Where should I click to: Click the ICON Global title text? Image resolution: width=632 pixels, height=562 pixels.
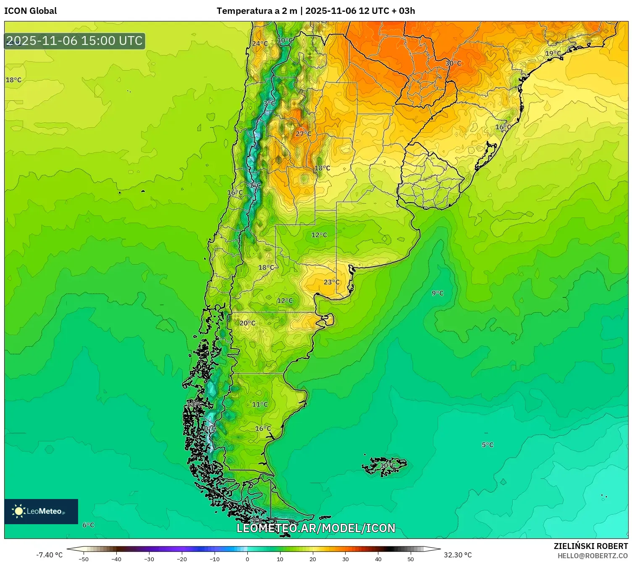coord(30,11)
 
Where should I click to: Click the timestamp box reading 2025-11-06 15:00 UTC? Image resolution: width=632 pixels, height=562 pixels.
coord(75,41)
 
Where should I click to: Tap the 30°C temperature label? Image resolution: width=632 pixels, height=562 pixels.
coord(453,63)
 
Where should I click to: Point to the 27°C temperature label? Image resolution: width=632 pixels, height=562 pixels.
coord(303,134)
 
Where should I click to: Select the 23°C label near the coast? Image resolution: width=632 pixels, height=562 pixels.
coord(331,282)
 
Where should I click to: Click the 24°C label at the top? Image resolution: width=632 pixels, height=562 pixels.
coord(260,44)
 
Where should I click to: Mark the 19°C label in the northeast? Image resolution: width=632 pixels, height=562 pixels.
coord(553,53)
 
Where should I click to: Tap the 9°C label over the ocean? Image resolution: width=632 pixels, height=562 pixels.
coord(438,293)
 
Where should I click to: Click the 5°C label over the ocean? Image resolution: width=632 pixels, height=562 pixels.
coord(487,445)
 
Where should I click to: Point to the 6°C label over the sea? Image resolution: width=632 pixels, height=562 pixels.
coord(88,525)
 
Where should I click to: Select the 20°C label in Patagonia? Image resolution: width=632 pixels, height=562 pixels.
coord(247,323)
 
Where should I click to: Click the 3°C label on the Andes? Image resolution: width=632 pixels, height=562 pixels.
coord(269,103)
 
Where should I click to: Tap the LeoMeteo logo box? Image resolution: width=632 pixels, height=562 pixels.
coord(41,511)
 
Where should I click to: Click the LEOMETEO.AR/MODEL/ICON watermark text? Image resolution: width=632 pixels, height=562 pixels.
coord(316,528)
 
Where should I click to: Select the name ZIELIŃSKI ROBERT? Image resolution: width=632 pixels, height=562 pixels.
coord(590,546)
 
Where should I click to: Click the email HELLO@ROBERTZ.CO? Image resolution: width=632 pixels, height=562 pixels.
coord(592,556)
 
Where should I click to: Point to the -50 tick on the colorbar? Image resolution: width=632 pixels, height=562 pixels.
coord(84,559)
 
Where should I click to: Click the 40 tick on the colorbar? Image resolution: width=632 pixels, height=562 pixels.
coord(378,559)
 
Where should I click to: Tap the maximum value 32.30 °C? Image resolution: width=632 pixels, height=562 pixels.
coord(458,555)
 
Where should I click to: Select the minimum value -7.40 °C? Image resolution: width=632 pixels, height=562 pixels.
coord(49,555)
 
